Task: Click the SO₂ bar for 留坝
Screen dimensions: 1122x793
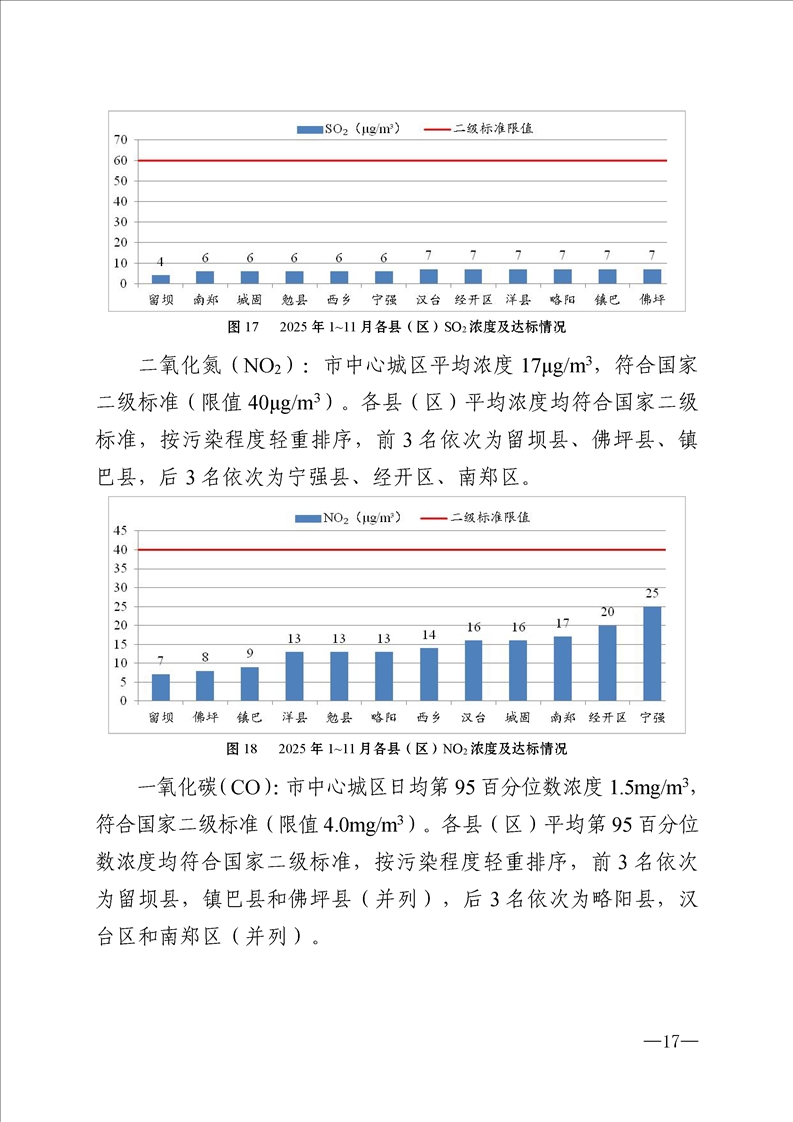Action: tap(161, 279)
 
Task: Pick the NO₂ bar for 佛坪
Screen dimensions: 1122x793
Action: tap(205, 686)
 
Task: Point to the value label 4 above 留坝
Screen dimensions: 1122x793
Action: tap(161, 263)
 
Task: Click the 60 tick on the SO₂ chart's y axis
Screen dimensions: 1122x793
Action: tap(120, 161)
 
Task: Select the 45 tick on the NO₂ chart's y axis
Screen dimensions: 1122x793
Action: tap(120, 531)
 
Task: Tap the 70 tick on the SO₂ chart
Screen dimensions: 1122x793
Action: tap(120, 140)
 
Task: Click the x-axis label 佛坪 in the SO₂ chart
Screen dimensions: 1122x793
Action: tap(652, 299)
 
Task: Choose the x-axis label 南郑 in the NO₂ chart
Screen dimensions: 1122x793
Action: tap(563, 717)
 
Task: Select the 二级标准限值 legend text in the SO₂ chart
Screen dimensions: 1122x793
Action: tap(492, 129)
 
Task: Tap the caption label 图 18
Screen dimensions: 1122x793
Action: tap(244, 748)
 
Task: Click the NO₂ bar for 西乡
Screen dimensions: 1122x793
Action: tap(429, 675)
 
